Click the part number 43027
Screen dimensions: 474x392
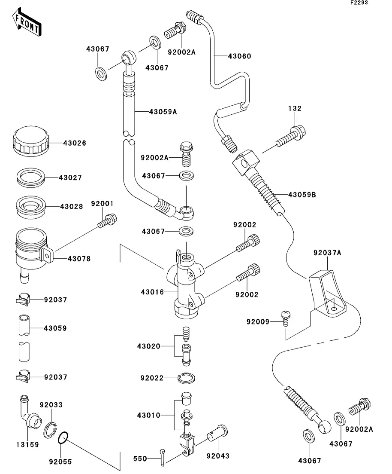pyautogui.click(x=71, y=177)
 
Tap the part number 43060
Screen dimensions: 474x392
pyautogui.click(x=239, y=56)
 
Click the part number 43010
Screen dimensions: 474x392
pyautogui.click(x=148, y=416)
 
